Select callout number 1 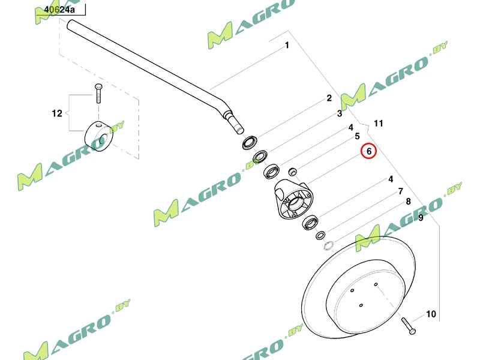tap(287, 45)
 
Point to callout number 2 tap(329, 98)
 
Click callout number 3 tap(339, 113)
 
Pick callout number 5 tap(357, 136)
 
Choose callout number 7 tap(400, 191)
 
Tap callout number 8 tap(409, 202)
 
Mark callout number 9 tap(421, 218)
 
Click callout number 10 tap(431, 314)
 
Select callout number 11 tap(378, 124)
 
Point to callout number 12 tap(57, 113)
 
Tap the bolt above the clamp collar tap(98, 94)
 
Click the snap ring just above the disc tap(328, 245)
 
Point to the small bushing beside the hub tap(293, 172)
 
